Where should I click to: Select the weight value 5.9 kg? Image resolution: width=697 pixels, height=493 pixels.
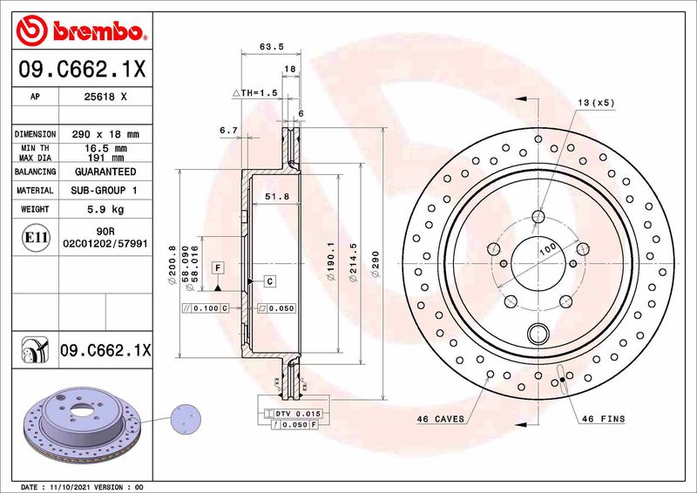[106, 210]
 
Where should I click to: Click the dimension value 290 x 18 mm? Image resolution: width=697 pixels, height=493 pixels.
[106, 135]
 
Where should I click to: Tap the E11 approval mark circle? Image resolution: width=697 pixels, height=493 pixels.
[36, 237]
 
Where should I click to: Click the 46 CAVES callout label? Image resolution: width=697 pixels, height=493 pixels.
[440, 419]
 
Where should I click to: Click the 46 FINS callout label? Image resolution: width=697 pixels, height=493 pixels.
[604, 419]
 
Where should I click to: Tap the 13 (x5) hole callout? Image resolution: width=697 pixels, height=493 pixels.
[596, 102]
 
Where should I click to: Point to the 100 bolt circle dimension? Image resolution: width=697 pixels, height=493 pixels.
[547, 249]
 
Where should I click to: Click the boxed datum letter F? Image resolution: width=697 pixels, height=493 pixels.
[217, 266]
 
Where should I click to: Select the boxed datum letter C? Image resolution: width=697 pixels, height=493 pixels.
[270, 280]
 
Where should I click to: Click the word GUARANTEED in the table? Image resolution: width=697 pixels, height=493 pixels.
[105, 172]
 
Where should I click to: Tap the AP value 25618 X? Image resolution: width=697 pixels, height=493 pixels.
[106, 98]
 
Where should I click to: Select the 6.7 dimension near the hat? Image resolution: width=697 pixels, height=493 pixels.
[229, 130]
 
